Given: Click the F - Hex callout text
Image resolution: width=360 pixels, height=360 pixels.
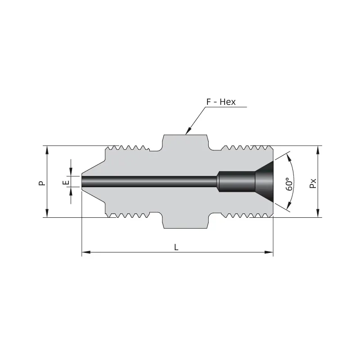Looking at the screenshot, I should point(221,102).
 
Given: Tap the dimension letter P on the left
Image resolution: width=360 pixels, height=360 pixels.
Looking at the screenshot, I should point(41,182).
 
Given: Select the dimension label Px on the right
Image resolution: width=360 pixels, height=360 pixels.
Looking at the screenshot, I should point(313,183).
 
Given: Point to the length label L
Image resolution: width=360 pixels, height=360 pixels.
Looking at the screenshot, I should point(176,247).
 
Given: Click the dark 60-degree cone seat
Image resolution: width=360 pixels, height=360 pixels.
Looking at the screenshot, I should point(266,182).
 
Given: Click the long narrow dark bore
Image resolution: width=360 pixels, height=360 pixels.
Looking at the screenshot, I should point(148,182).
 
